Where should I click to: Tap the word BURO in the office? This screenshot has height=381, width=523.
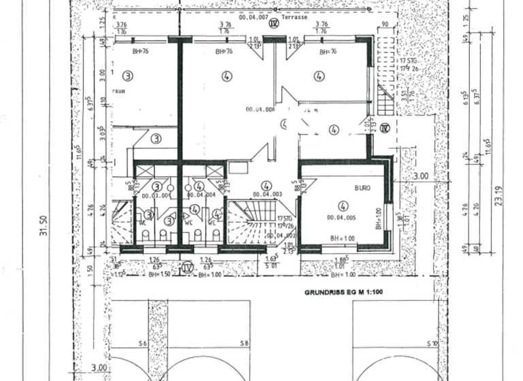(362, 188)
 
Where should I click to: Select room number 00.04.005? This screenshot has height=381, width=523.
(340, 218)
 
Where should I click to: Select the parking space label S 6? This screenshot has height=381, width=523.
(142, 344)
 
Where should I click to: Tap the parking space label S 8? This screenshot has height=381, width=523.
(244, 344)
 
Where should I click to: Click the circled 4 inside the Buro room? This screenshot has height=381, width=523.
(343, 204)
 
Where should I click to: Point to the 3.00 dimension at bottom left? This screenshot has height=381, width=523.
(99, 368)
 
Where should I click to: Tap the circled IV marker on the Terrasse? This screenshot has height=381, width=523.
(274, 23)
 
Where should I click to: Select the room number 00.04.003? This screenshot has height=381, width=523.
(269, 195)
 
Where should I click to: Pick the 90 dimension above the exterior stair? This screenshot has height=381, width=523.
(385, 25)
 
